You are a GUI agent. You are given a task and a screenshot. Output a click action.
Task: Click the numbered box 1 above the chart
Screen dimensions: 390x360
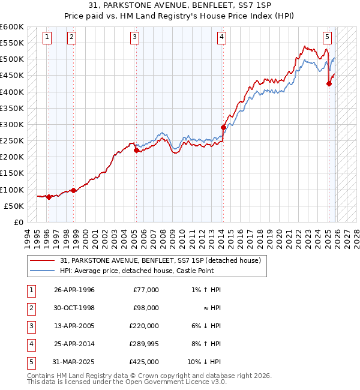click(x=47, y=37)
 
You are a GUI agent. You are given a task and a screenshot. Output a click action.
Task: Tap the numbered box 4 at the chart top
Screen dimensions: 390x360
click(x=221, y=37)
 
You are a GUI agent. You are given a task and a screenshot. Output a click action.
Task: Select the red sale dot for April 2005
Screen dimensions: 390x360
click(x=136, y=151)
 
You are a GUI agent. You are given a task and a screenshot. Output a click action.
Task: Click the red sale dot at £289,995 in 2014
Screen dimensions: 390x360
click(x=223, y=127)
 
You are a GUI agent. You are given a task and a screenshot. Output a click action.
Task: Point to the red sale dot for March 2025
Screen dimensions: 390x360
click(x=329, y=84)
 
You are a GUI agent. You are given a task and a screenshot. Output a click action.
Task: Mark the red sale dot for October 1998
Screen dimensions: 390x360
click(x=73, y=190)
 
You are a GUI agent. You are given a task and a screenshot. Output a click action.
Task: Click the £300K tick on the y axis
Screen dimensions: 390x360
click(x=12, y=124)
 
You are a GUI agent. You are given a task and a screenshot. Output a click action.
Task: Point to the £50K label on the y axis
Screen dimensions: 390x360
click(x=14, y=206)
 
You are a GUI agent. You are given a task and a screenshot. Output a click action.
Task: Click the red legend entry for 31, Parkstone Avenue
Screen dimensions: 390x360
click(x=160, y=261)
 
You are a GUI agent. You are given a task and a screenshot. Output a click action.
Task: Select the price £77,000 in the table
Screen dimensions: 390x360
click(x=145, y=289)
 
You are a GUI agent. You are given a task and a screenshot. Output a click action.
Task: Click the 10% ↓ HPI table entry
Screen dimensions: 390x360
click(x=205, y=361)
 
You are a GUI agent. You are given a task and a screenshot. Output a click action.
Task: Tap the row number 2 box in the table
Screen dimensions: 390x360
click(x=30, y=307)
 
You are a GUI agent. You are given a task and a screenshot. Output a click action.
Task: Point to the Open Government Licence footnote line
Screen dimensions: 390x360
click(x=127, y=382)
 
